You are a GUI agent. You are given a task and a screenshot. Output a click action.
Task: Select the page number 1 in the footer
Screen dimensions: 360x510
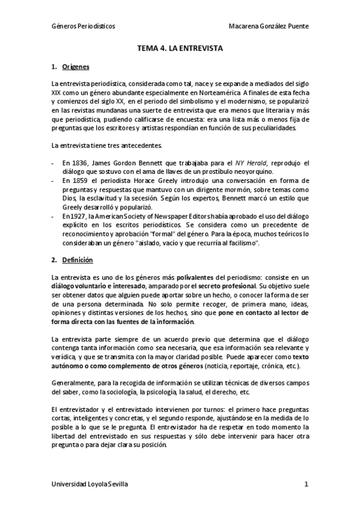(306, 484)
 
